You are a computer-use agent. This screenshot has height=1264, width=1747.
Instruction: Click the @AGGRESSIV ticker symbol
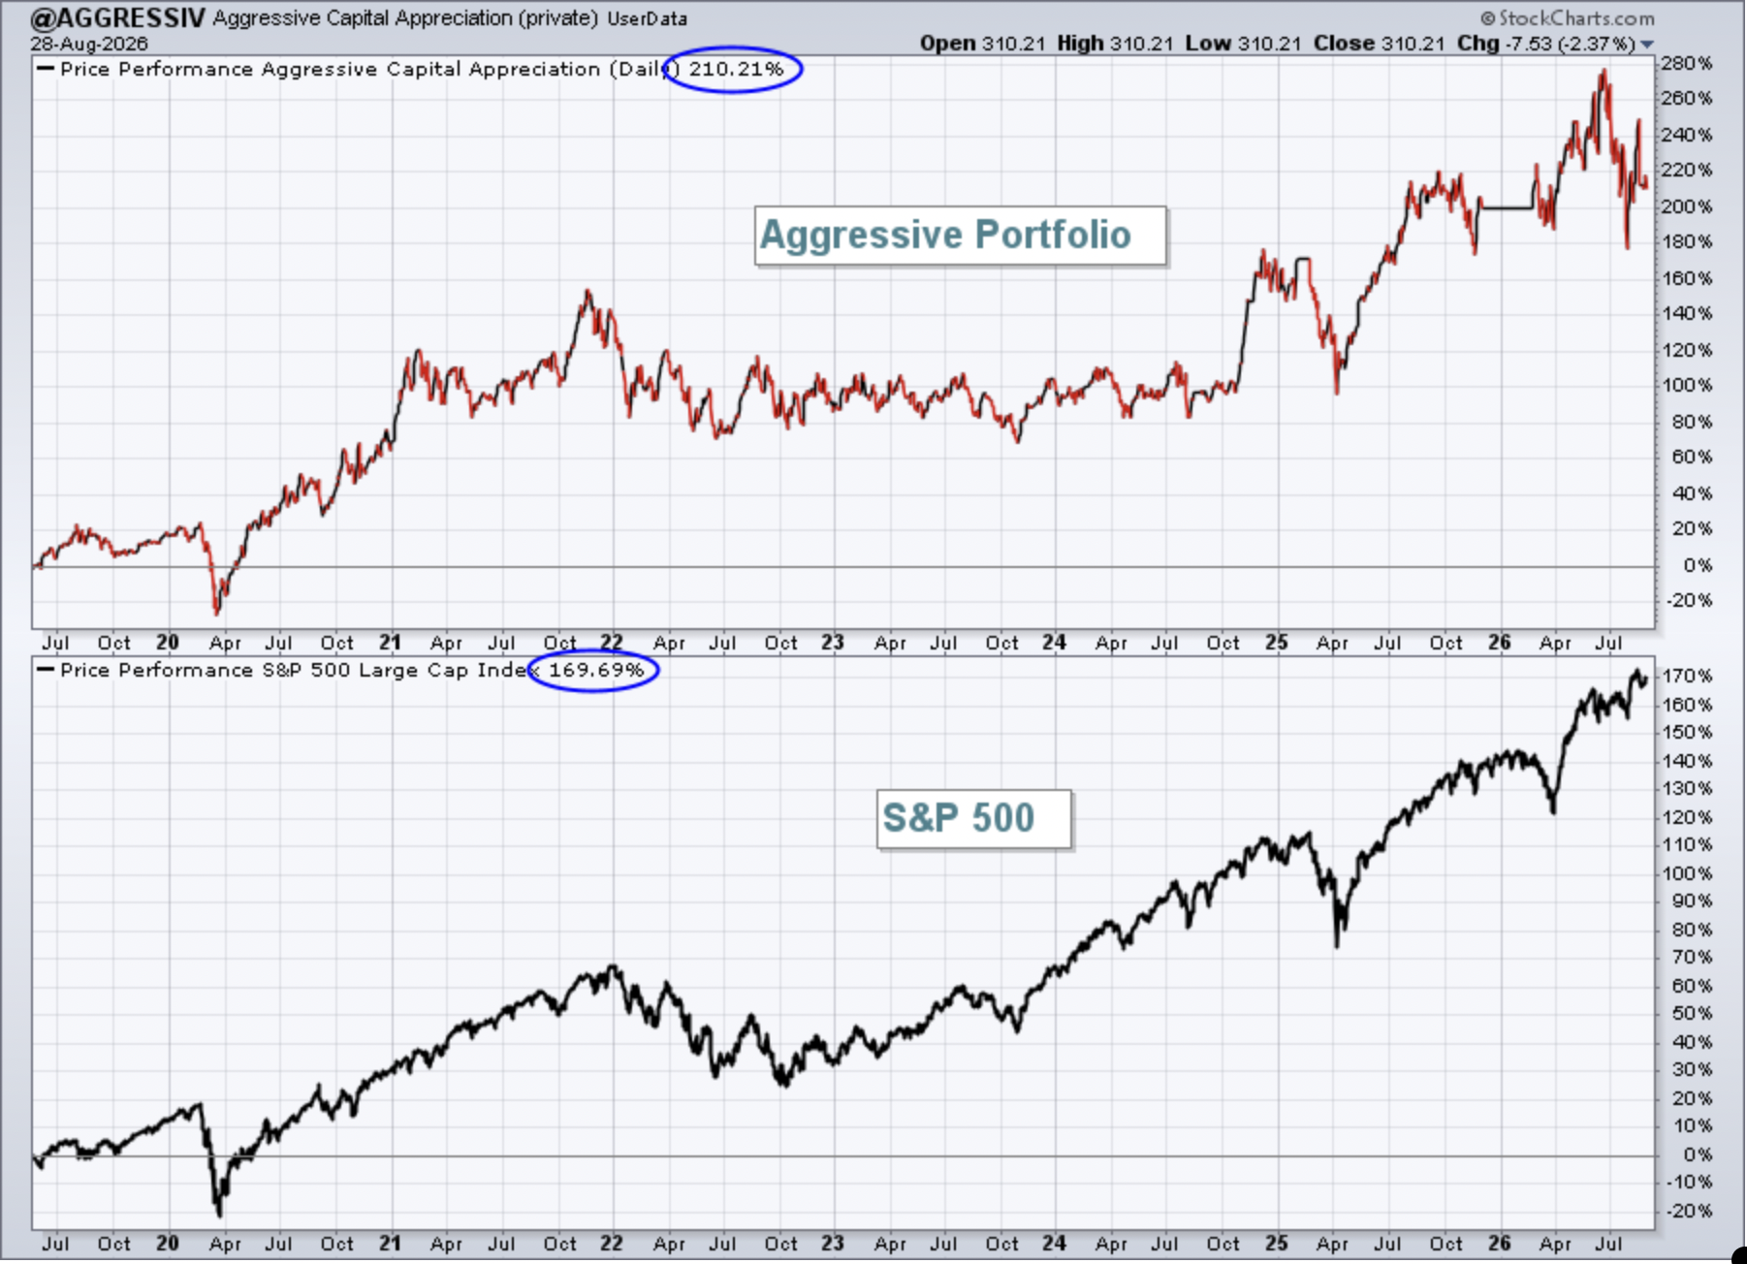(117, 17)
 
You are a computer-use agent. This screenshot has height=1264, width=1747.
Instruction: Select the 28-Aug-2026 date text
(88, 44)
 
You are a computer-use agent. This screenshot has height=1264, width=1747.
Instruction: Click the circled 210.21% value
(736, 69)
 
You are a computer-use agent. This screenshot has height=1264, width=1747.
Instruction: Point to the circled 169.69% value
(596, 670)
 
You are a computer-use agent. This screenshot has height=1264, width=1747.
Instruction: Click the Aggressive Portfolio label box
(960, 236)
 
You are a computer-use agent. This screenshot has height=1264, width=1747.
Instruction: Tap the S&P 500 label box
(974, 819)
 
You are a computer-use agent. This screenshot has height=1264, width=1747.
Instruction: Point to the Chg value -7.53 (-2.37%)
(1566, 44)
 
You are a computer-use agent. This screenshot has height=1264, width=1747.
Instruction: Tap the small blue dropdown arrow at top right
(1646, 45)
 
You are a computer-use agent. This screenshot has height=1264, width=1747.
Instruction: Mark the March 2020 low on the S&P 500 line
(220, 1215)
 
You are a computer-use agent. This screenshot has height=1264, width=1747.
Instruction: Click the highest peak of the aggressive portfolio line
(1604, 71)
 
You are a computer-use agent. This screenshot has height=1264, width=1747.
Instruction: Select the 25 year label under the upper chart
(1276, 643)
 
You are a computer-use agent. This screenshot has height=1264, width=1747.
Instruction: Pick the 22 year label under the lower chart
(611, 1244)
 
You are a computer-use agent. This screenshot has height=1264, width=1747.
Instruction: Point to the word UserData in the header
(647, 18)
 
